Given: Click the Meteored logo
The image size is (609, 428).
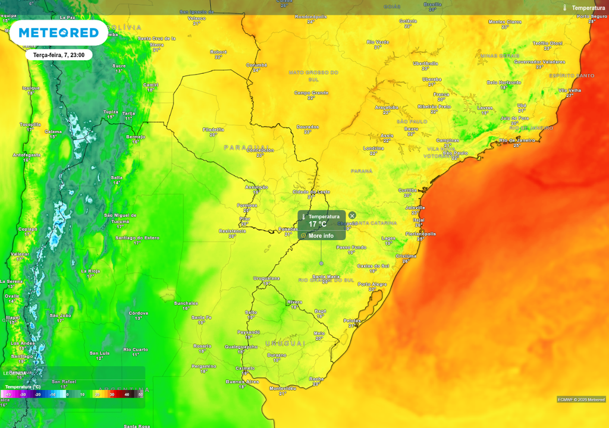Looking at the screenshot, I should [x=58, y=32].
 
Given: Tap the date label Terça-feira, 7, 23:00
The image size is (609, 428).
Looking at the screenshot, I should [x=59, y=55].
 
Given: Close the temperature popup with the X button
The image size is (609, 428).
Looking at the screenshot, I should [x=352, y=215].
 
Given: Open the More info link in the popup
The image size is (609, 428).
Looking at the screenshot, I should [x=321, y=236].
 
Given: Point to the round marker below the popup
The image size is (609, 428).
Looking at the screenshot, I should [x=321, y=263].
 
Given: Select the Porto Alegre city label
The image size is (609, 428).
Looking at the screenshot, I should [x=372, y=284].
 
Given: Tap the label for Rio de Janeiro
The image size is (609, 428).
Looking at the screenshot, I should [x=517, y=140].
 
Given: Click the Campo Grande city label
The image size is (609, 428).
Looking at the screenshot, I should [x=311, y=93].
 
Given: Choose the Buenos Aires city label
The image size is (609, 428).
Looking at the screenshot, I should [x=242, y=381].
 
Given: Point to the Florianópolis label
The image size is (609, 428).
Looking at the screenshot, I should [x=420, y=234].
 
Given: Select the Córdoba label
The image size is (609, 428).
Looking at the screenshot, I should [x=138, y=313].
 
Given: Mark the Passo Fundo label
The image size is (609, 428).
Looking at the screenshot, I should [x=351, y=247].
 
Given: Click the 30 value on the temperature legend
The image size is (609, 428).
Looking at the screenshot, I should [x=111, y=394].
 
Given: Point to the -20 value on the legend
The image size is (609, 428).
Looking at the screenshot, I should [x=37, y=394].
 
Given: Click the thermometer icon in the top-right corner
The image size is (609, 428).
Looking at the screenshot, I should [x=564, y=8].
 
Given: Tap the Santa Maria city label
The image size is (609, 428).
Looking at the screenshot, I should [x=326, y=276].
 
